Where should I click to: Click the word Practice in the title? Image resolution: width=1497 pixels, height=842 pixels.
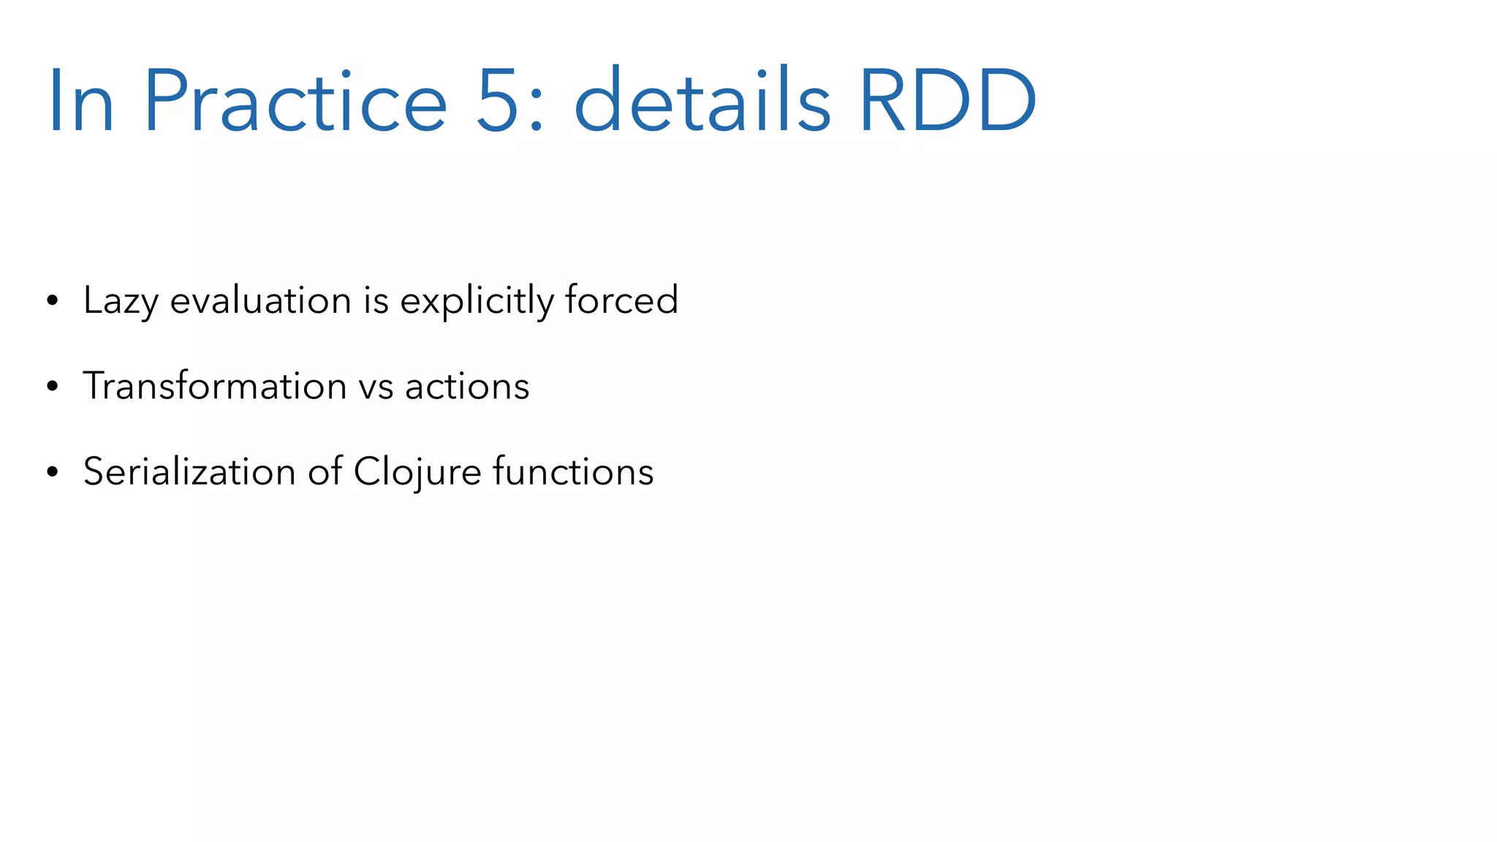pos(295,101)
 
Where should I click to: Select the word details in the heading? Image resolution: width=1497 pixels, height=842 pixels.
pos(702,101)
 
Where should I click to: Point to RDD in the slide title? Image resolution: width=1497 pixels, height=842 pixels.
pos(947,101)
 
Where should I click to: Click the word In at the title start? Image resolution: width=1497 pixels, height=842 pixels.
pos(81,101)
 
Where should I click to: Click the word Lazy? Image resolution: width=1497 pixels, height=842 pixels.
pos(121,301)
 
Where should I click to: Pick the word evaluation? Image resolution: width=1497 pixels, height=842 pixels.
pos(260,301)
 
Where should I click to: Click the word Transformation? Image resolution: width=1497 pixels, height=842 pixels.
pos(214,386)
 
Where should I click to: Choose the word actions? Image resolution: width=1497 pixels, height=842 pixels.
pos(467,387)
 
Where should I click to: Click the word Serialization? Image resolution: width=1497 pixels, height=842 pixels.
pos(189,471)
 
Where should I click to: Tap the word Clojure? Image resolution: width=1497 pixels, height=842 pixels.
pos(417,472)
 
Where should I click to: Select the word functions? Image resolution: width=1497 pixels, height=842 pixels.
pos(573,471)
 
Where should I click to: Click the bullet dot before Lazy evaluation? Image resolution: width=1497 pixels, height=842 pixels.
pos(52,301)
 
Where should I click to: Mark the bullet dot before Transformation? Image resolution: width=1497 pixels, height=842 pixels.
pos(52,387)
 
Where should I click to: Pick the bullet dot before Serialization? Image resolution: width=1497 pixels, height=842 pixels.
pos(52,472)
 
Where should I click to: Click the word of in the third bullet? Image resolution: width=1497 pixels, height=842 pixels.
pos(325,471)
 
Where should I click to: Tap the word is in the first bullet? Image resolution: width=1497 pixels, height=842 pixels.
pos(376,301)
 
